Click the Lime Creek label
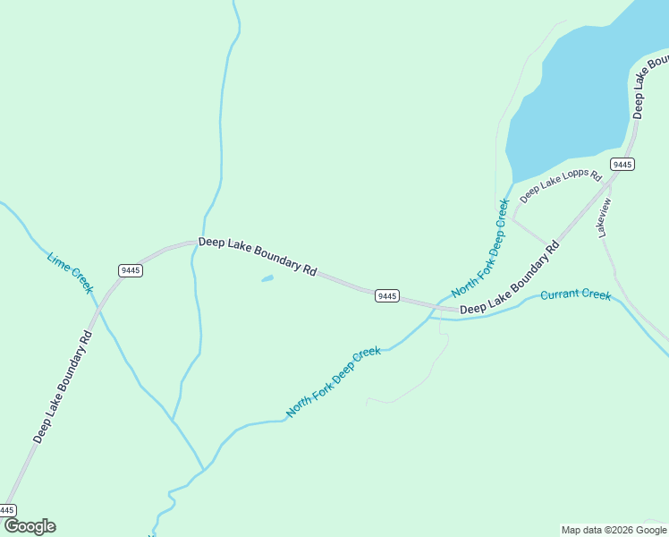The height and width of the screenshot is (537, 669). [x=70, y=274]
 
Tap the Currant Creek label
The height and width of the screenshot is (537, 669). [x=575, y=294]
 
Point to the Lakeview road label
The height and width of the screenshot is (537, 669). [x=605, y=217]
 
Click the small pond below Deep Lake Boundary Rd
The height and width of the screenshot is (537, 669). [x=267, y=279]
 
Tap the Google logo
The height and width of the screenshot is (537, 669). [x=30, y=526]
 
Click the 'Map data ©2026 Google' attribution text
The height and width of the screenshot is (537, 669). [x=614, y=530]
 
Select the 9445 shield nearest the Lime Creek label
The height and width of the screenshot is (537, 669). [x=130, y=270]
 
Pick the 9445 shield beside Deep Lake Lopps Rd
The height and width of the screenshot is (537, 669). [x=622, y=164]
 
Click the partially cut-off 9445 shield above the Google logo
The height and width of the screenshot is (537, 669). [x=7, y=509]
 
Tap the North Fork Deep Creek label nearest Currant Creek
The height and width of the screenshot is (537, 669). [x=480, y=248]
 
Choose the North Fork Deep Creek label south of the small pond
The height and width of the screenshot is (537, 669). [x=334, y=382]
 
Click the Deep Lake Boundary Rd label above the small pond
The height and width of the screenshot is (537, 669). [x=258, y=256]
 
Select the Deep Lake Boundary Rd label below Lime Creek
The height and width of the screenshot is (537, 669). [x=63, y=387]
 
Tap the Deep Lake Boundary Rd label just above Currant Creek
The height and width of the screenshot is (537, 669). [x=509, y=277]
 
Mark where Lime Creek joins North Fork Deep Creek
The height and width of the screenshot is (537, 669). [x=204, y=469]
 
